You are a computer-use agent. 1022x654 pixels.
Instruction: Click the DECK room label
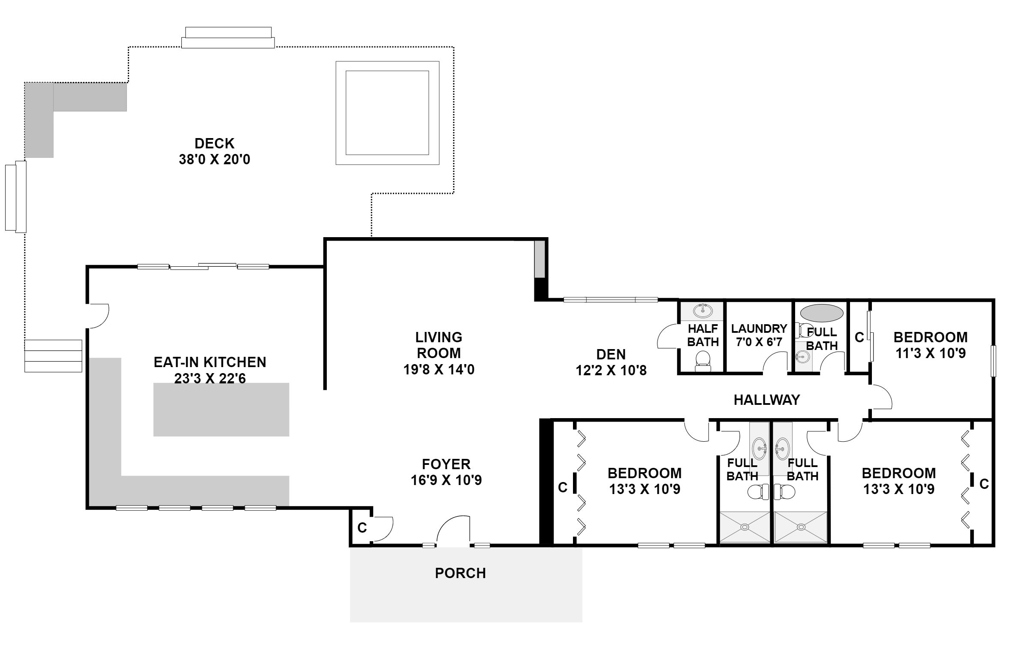coord(214,143)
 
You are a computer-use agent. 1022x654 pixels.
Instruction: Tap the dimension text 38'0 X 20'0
coord(214,160)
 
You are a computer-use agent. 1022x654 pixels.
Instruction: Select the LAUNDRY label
coord(759,329)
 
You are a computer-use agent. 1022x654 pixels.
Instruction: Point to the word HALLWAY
coord(767,400)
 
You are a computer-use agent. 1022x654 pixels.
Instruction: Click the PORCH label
coord(461,573)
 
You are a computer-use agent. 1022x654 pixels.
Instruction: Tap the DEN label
coord(611,354)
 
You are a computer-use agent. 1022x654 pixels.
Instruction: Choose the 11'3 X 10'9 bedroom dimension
coord(931,353)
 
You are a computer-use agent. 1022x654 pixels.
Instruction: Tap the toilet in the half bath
coord(703,361)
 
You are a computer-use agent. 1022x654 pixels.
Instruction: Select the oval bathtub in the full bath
coord(822,313)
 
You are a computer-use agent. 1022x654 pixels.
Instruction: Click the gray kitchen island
coord(221,410)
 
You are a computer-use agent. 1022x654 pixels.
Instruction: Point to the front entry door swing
coord(453,530)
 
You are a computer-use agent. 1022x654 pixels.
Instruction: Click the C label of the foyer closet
coord(362,528)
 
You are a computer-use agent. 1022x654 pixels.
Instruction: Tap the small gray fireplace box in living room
coord(540,259)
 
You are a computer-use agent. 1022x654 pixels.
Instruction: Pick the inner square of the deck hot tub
coord(387,113)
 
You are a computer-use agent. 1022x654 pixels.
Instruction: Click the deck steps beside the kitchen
coord(53,356)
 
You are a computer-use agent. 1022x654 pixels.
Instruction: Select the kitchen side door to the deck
coord(98,316)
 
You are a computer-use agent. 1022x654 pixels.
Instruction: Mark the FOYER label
coord(446,464)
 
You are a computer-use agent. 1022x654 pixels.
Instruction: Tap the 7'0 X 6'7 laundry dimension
coord(759,342)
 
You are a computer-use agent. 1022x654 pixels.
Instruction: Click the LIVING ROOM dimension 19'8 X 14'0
coord(439,369)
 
